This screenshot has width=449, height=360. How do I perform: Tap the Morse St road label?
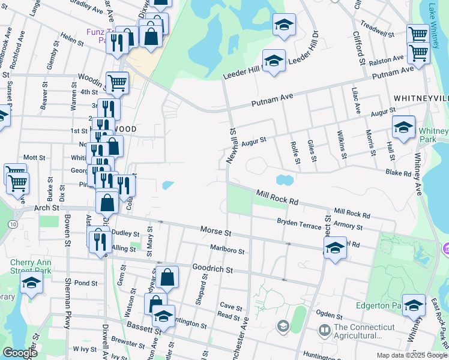215,231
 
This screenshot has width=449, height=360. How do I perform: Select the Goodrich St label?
212,269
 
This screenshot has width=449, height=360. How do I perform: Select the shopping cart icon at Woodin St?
117,83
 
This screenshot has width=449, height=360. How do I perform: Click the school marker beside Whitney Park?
404,128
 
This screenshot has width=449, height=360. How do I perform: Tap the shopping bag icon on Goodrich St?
169,277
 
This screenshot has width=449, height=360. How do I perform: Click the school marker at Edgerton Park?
414,307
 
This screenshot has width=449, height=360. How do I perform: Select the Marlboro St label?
227,250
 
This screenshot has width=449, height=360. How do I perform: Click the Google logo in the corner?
20,353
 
